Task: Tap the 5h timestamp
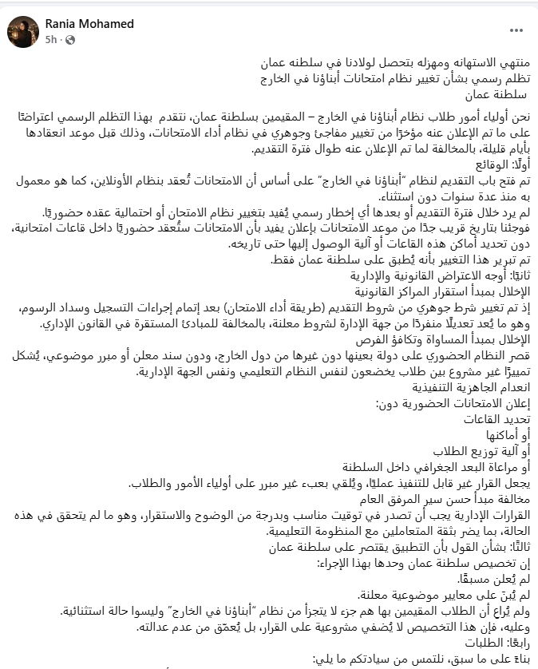click(50, 38)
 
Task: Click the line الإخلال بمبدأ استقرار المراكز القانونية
click(438, 290)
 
